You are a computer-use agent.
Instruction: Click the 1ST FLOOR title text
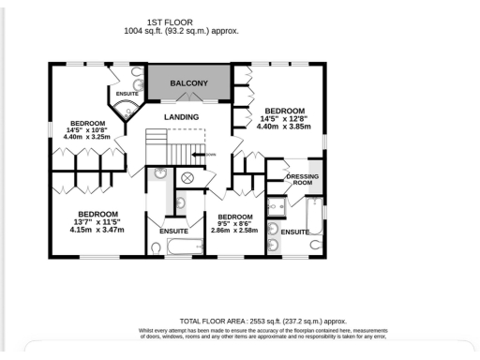click(x=181, y=21)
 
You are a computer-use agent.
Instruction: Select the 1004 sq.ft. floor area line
click(x=181, y=30)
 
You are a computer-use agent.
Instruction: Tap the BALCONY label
click(x=188, y=83)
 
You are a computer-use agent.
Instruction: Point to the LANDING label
click(x=181, y=116)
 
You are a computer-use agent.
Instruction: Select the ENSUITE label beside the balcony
click(x=127, y=94)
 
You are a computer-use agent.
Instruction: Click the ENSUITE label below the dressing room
click(x=295, y=232)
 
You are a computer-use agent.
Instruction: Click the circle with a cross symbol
click(x=187, y=177)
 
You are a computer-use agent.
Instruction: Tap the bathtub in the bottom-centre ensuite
click(x=185, y=247)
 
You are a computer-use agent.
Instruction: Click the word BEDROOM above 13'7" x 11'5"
click(x=97, y=213)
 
